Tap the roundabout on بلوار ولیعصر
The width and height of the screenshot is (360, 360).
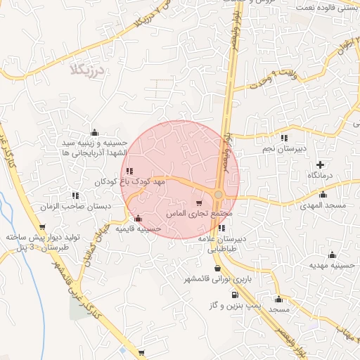[x=219, y=194]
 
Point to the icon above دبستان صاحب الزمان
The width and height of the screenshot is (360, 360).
[x=75, y=195]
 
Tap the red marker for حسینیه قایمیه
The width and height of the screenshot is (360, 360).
[x=138, y=218]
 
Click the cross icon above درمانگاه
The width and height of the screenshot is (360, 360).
[x=321, y=163]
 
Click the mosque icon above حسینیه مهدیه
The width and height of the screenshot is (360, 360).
[x=332, y=255]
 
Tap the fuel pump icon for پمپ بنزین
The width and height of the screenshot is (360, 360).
[x=234, y=295]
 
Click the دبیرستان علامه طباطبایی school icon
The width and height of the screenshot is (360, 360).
[x=222, y=228]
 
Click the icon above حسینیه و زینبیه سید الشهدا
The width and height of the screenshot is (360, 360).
[x=94, y=132]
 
